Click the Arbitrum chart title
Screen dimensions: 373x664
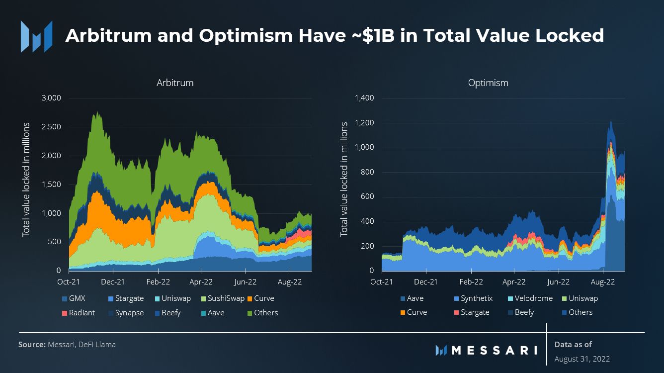[174, 83]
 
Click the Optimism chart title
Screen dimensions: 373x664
[488, 83]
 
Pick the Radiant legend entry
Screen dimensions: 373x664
[78, 313]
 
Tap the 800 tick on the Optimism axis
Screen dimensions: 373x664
[367, 173]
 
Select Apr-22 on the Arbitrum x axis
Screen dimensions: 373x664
[201, 282]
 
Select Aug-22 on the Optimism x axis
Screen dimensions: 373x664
[603, 282]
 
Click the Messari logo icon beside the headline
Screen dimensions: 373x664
[36, 36]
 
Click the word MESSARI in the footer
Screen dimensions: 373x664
[495, 350]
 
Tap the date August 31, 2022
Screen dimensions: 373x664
[582, 359]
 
